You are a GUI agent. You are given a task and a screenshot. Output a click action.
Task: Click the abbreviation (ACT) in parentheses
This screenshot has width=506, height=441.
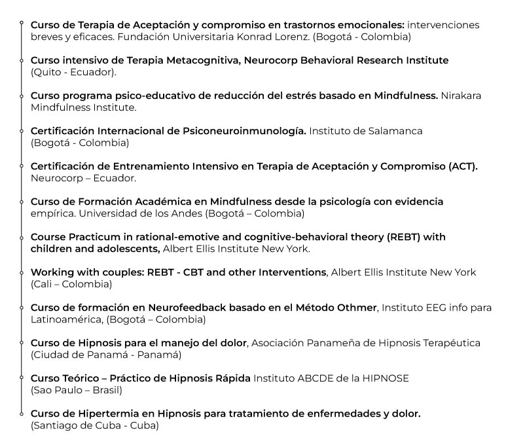tap(463, 166)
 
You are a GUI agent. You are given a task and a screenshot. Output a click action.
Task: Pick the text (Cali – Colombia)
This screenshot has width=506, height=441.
tap(71, 284)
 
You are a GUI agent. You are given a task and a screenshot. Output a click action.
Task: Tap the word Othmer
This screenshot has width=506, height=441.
tap(358, 308)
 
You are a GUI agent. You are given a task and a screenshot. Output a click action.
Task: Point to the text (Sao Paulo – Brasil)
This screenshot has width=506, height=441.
tap(77, 390)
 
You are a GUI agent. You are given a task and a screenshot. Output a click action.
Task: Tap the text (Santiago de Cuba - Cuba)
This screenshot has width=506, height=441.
tap(94, 425)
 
